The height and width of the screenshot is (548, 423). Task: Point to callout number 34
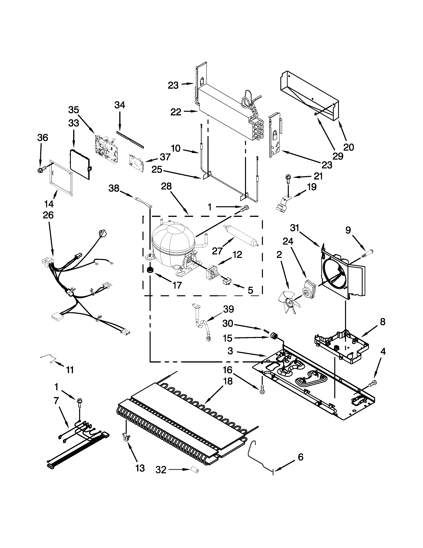[x=120, y=105]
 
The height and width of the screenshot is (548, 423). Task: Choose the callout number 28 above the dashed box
[x=166, y=186]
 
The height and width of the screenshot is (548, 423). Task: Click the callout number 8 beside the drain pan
[x=382, y=322]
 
